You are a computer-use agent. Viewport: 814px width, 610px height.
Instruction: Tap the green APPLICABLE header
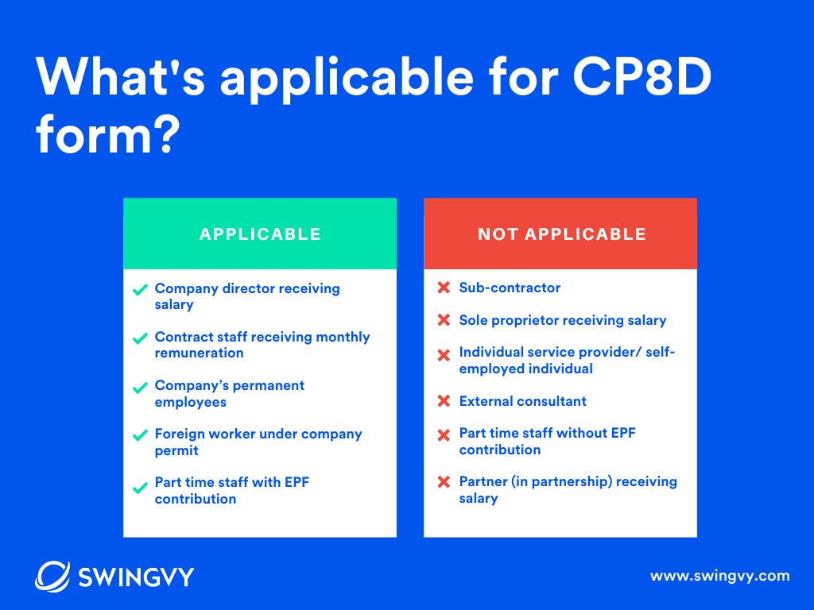[260, 234]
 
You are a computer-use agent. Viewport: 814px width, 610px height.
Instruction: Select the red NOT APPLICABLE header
[561, 234]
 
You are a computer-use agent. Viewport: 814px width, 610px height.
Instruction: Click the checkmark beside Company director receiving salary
[140, 290]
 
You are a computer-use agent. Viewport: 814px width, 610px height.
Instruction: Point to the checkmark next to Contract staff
[140, 338]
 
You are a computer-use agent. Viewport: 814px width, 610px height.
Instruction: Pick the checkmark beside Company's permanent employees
[140, 388]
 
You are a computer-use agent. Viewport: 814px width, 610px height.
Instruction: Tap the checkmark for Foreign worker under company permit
[140, 435]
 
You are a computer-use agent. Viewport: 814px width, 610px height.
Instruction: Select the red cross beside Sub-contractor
[444, 288]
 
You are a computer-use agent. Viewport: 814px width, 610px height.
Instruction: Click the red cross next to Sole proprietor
[444, 320]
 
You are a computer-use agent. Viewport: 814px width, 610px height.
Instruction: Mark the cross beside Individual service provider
[444, 355]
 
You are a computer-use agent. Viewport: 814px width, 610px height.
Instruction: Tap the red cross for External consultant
[444, 401]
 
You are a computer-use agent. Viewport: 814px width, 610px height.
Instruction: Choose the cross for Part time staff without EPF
[444, 434]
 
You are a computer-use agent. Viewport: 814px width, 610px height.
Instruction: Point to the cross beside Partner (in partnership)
[444, 482]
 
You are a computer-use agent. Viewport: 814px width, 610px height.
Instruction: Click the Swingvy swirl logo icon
[52, 576]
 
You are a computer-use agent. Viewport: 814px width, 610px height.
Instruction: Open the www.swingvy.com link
[720, 576]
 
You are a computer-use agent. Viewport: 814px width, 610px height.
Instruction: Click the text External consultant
[522, 401]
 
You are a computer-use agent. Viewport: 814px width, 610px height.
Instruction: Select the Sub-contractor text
[510, 288]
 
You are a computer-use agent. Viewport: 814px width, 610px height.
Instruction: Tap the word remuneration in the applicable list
[199, 353]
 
